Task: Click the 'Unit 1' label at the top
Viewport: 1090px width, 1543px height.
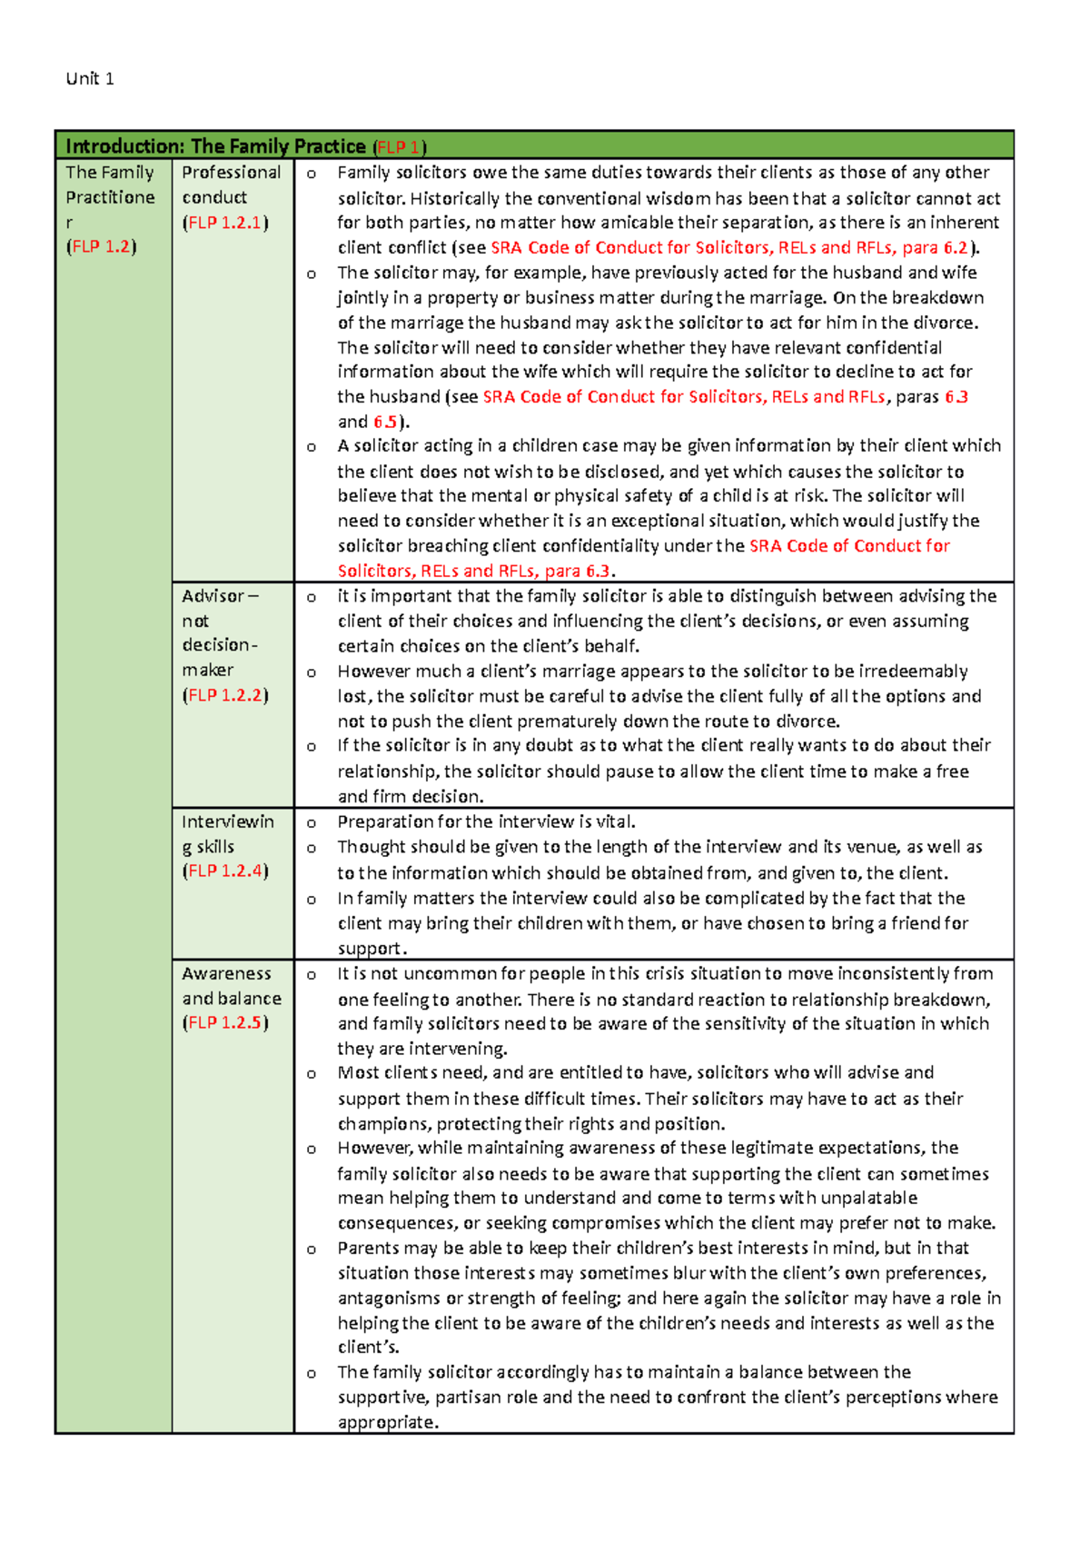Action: pyautogui.click(x=90, y=79)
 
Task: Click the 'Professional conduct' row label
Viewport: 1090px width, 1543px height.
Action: pyautogui.click(x=231, y=184)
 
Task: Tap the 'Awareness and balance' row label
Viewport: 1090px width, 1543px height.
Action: pyautogui.click(x=231, y=986)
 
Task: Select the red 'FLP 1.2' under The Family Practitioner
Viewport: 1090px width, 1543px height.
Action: pyautogui.click(x=101, y=246)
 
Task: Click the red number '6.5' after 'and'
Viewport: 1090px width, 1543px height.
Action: pyautogui.click(x=385, y=422)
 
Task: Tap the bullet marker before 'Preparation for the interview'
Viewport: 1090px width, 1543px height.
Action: pyautogui.click(x=312, y=823)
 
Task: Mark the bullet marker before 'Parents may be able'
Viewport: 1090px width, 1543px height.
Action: pyautogui.click(x=312, y=1249)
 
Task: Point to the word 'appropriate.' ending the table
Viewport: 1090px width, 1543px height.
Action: pyautogui.click(x=388, y=1422)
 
